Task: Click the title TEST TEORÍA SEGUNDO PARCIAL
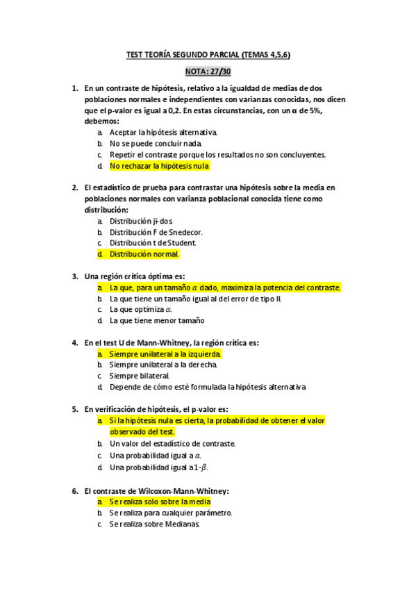tap(208, 53)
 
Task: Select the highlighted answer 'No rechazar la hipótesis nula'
tap(159, 166)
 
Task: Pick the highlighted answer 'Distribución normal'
tap(144, 254)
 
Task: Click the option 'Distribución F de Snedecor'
tap(156, 232)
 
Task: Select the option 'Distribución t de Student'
tap(153, 243)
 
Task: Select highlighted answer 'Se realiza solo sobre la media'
tap(160, 501)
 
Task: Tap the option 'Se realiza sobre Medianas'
tap(154, 524)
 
